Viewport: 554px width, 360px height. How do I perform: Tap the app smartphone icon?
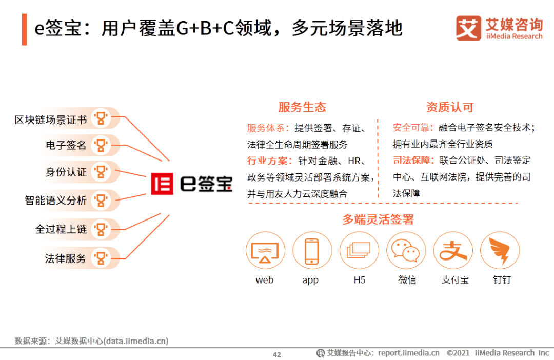pyautogui.click(x=312, y=250)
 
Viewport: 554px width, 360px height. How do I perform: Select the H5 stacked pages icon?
pyautogui.click(x=359, y=250)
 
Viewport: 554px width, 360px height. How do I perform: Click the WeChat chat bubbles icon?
pyautogui.click(x=406, y=250)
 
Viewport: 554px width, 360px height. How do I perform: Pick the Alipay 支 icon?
pyautogui.click(x=452, y=250)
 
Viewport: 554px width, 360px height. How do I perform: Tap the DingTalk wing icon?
pyautogui.click(x=500, y=250)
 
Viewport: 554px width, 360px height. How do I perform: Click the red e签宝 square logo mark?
pyautogui.click(x=162, y=184)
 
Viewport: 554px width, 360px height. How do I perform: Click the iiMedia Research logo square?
pyautogui.click(x=468, y=28)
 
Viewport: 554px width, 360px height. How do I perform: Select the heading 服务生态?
pyautogui.click(x=302, y=107)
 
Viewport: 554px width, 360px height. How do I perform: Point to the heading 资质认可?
pyautogui.click(x=449, y=107)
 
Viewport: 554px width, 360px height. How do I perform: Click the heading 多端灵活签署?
pyautogui.click(x=378, y=219)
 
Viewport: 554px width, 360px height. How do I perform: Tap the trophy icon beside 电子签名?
pyautogui.click(x=101, y=145)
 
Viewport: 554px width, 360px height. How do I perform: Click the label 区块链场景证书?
pyautogui.click(x=50, y=120)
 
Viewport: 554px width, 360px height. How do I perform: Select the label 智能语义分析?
pyautogui.click(x=56, y=201)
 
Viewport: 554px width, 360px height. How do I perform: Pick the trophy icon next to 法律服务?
pyautogui.click(x=101, y=258)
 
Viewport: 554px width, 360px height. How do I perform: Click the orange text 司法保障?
pyautogui.click(x=411, y=161)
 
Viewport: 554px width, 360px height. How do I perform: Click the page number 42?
pyautogui.click(x=277, y=354)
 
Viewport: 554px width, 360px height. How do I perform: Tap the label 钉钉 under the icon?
pyautogui.click(x=502, y=280)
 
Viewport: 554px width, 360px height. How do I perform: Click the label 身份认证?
pyautogui.click(x=66, y=172)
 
